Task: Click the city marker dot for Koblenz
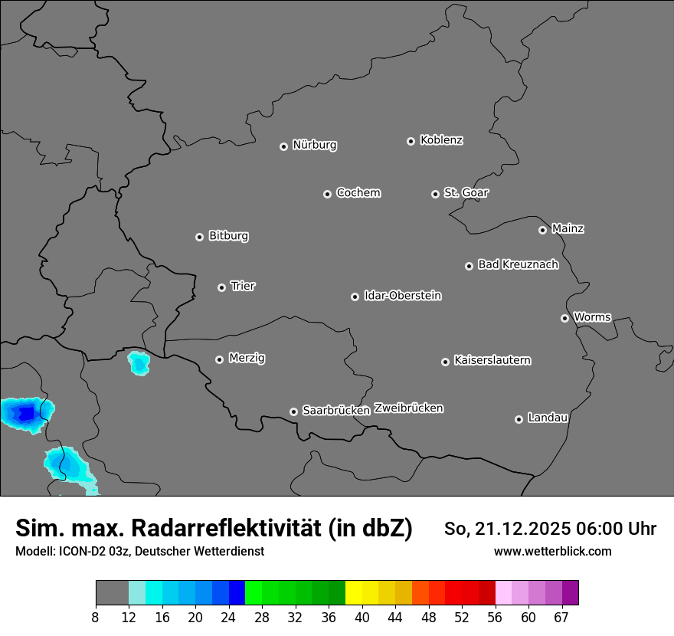pyautogui.click(x=411, y=141)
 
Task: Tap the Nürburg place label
pyautogui.click(x=314, y=145)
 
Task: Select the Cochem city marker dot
pyautogui.click(x=327, y=194)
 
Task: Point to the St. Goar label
pyautogui.click(x=466, y=192)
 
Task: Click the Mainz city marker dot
pyautogui.click(x=542, y=230)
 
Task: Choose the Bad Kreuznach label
pyautogui.click(x=518, y=264)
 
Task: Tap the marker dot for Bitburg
pyautogui.click(x=199, y=237)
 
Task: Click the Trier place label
pyautogui.click(x=243, y=286)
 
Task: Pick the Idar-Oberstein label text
pyautogui.click(x=402, y=295)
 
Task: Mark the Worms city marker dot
pyautogui.click(x=564, y=318)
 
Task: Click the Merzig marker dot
pyautogui.click(x=219, y=359)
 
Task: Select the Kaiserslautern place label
pyautogui.click(x=492, y=360)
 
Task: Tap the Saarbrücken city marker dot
pyautogui.click(x=293, y=411)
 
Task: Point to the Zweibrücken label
pyautogui.click(x=408, y=408)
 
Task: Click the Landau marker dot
pyautogui.click(x=519, y=419)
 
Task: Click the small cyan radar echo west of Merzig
pyautogui.click(x=139, y=362)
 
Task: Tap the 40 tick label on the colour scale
pyautogui.click(x=362, y=617)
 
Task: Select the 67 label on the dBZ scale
pyautogui.click(x=561, y=617)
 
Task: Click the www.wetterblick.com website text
pyautogui.click(x=552, y=551)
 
